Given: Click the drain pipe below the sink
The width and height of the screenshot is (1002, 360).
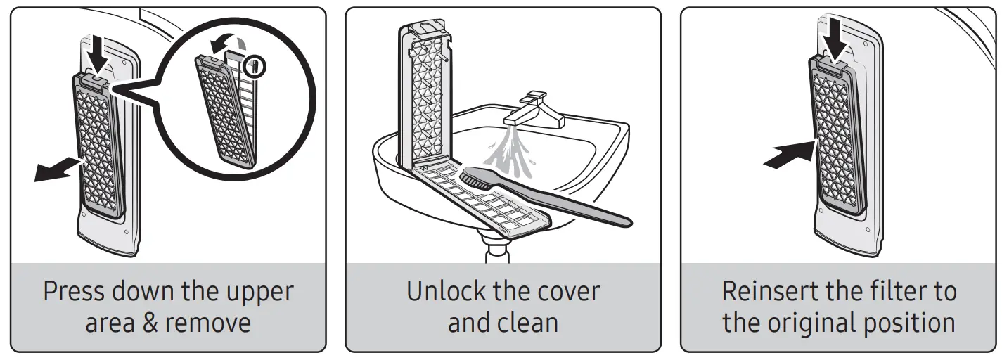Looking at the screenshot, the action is click(501, 250).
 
